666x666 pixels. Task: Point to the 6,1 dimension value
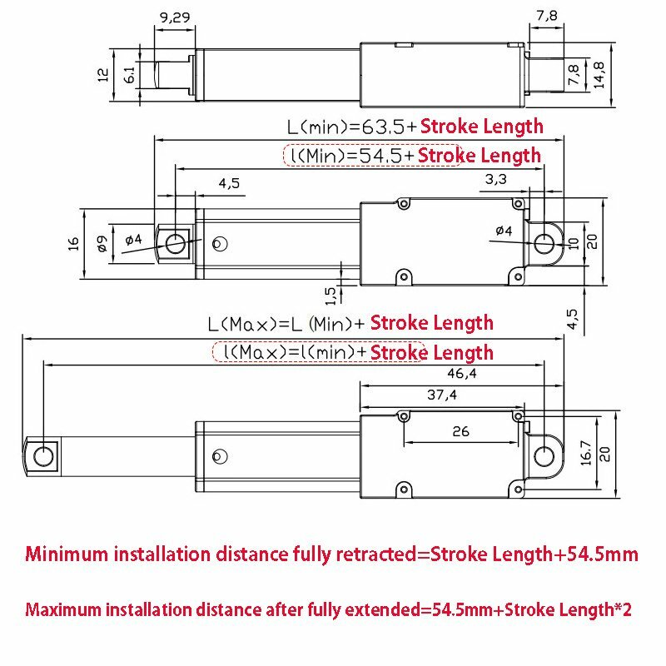130,75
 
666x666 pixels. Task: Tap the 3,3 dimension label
495,178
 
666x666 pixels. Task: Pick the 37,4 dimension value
443,395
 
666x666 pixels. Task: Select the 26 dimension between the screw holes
460,431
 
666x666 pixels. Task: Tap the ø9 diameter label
102,243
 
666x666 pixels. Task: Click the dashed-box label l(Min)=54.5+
350,156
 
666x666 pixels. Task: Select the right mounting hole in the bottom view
544,455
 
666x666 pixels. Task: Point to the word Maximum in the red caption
65,610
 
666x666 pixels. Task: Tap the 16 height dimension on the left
73,243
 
